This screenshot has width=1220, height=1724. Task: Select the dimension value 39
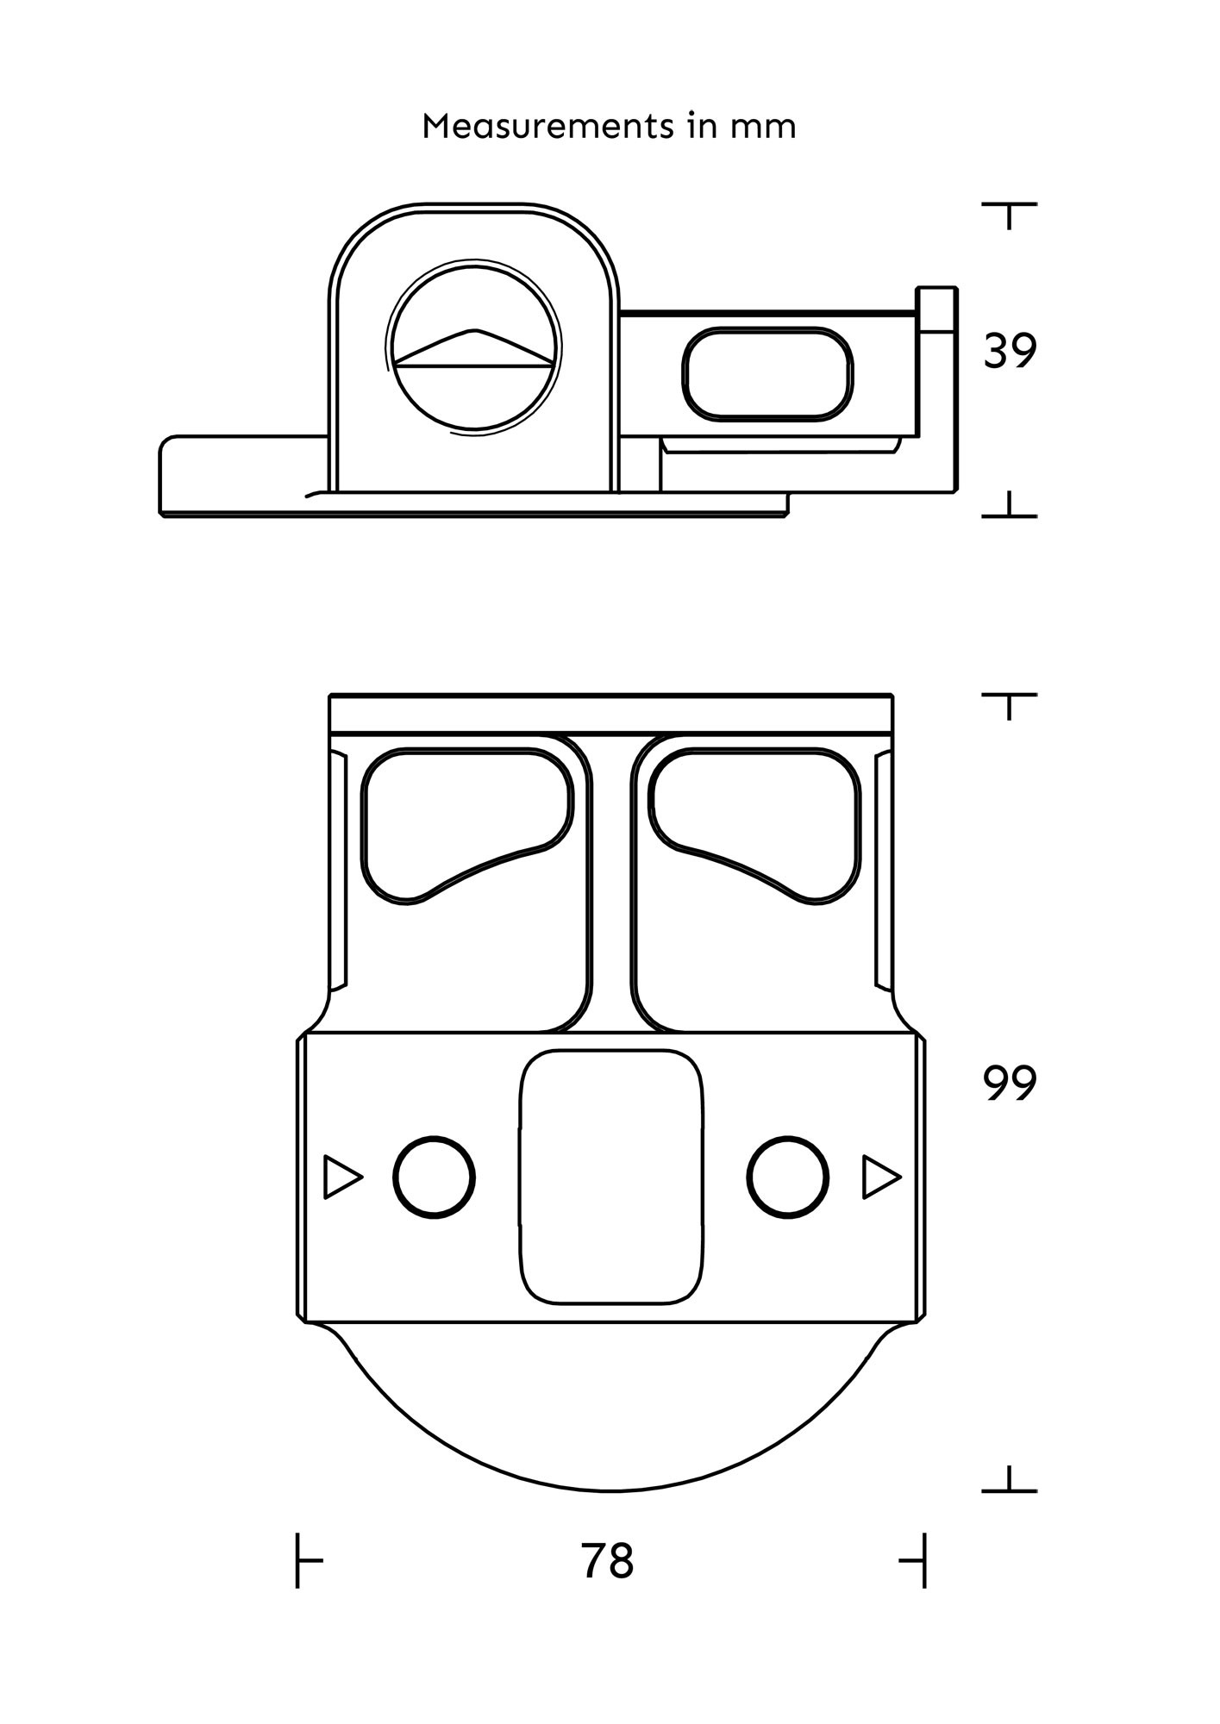1010,352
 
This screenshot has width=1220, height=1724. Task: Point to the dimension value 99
1010,1084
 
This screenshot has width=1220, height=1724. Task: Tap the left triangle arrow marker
341,1177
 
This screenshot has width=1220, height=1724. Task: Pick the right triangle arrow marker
880,1177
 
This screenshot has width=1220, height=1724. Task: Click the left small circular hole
434,1177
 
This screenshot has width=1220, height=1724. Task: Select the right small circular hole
788,1177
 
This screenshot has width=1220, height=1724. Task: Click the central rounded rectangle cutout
610,1176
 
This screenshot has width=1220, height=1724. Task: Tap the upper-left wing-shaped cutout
466,819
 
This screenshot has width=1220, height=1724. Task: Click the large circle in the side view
473,345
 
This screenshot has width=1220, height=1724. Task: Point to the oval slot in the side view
767,374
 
